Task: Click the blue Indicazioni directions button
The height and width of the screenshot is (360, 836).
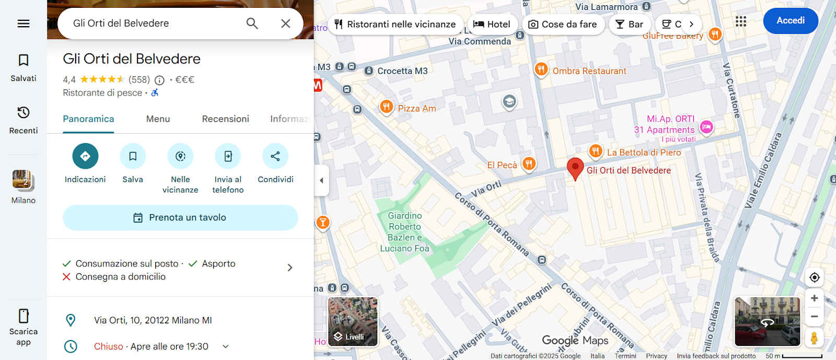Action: pos(85,156)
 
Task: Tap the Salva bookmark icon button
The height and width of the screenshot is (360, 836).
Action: pos(133,156)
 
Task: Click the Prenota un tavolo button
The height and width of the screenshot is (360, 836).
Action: pos(180,217)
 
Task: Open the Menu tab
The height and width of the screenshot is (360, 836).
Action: pos(158,119)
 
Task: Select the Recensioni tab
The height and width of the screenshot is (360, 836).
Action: pos(225,119)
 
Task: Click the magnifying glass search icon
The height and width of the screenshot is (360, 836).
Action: pos(252,24)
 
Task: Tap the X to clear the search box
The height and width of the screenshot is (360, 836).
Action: pos(285,24)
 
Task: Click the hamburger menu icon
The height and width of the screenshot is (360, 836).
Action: pos(24,24)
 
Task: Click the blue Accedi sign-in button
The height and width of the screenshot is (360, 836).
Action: pos(790,21)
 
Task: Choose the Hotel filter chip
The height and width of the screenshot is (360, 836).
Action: pos(492,25)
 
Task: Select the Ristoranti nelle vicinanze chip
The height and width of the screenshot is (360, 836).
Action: pos(395,25)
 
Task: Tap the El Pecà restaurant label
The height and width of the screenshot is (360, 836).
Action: pos(502,165)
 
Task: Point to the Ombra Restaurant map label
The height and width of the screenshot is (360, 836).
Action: pos(589,71)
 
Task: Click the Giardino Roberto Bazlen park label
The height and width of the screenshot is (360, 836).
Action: pos(405,232)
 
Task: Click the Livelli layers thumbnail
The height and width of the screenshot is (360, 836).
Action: pos(353,322)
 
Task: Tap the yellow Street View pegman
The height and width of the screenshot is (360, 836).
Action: pos(814,338)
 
